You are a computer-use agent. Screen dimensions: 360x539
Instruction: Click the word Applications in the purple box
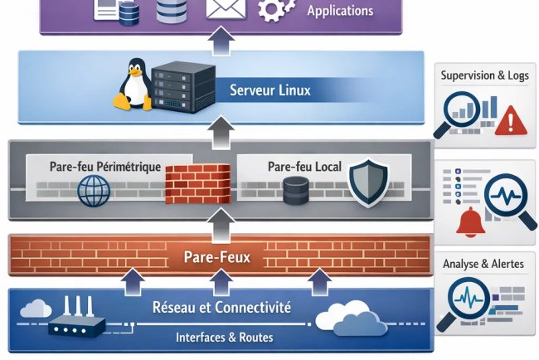pyautogui.click(x=340, y=12)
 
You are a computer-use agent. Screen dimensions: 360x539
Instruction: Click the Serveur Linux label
pyautogui.click(x=269, y=90)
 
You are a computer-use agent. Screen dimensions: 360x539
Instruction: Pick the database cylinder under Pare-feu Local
pyautogui.click(x=295, y=190)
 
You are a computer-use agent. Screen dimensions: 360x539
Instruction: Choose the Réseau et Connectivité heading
pyautogui.click(x=221, y=308)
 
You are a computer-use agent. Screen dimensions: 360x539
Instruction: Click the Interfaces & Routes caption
pyautogui.click(x=224, y=338)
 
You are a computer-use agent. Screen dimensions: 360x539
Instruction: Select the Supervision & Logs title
pyautogui.click(x=484, y=75)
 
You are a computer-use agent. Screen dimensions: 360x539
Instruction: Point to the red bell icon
pyautogui.click(x=469, y=221)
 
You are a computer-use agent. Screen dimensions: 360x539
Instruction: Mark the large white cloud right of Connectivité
pyautogui.click(x=348, y=318)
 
